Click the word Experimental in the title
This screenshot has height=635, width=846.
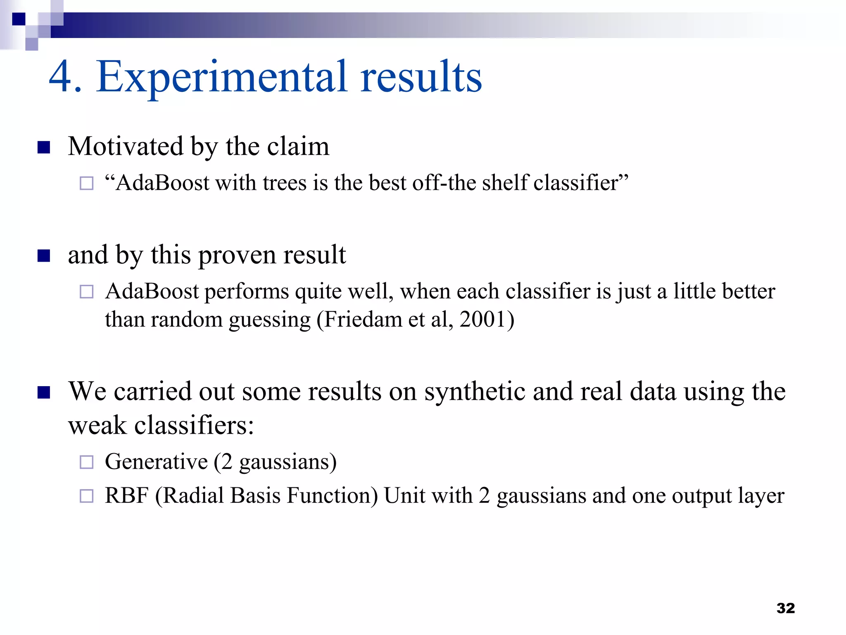tap(221, 77)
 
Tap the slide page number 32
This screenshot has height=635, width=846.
tap(785, 608)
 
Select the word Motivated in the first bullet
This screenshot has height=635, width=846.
tap(126, 146)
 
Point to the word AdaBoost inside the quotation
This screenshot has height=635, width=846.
tap(162, 183)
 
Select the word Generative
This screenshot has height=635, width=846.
tap(156, 462)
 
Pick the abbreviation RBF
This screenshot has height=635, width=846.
tap(126, 496)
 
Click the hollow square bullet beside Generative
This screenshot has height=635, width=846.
tap(86, 462)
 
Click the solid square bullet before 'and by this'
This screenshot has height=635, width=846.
tap(44, 256)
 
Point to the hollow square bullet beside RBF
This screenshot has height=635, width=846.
tap(86, 496)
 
